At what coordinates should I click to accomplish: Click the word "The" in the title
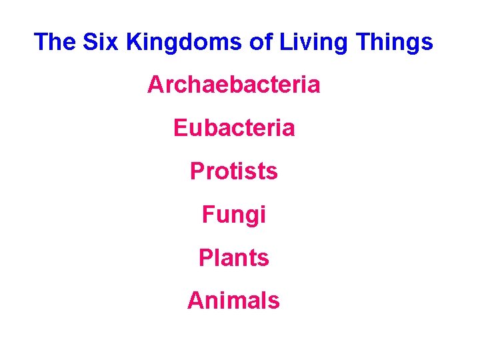coord(55,42)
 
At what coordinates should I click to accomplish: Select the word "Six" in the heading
coord(101,42)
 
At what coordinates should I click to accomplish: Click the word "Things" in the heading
coord(395,42)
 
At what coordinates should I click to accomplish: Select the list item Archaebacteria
coord(233,85)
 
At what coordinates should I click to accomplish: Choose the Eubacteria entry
coord(233,128)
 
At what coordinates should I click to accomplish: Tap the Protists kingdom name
coord(233,171)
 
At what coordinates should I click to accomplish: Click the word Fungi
coord(233,215)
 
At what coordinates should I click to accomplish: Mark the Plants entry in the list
coord(233,257)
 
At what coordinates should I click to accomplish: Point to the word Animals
coord(233,301)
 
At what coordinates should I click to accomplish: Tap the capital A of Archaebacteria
coord(155,85)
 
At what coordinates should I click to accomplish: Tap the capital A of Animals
coord(196,301)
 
